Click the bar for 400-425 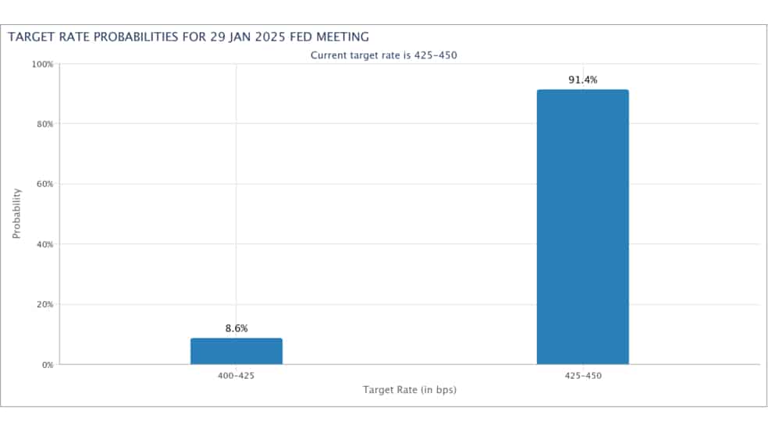coord(236,351)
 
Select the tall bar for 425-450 coord(583,227)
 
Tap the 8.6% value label coord(236,328)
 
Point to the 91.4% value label coord(583,80)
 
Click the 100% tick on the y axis coord(43,64)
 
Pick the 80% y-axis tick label coord(44,124)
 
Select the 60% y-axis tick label coord(44,184)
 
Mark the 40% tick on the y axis coord(44,244)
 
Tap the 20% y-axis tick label coord(44,304)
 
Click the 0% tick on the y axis coord(48,365)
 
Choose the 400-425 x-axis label coord(236,376)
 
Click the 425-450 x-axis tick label coord(583,376)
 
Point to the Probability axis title coord(16,214)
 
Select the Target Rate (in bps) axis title coord(410,390)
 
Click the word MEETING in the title coord(343,37)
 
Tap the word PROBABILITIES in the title coord(136,37)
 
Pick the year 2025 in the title coord(270,37)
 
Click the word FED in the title coord(300,37)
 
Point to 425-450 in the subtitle coord(436,55)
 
